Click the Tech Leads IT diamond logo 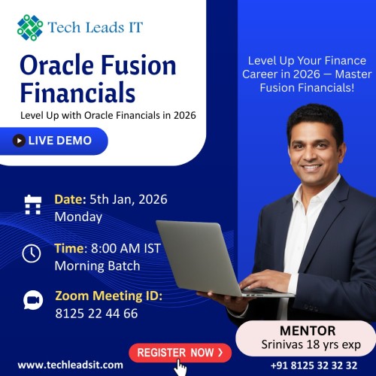(x=30, y=27)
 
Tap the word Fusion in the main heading (x=139, y=65)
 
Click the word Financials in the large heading (x=77, y=94)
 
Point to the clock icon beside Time (x=32, y=253)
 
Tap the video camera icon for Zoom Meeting (x=33, y=300)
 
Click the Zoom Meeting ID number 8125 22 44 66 (x=96, y=314)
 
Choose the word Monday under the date (x=78, y=217)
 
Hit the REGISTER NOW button (x=180, y=351)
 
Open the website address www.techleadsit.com (x=70, y=365)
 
